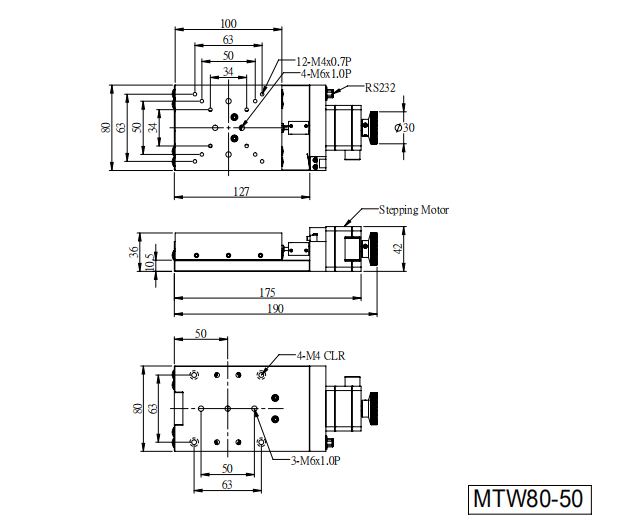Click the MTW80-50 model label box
530,499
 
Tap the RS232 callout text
380,88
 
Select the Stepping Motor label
414,210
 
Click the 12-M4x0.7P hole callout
324,61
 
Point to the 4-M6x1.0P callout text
326,74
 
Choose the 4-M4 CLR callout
321,356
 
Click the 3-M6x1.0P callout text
316,461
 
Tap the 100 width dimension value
228,23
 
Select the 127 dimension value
241,191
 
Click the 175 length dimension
267,292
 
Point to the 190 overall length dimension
275,309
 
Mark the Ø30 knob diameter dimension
405,128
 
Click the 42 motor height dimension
398,248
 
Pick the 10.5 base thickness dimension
149,262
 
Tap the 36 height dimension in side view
133,251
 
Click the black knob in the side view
374,249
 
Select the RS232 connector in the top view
331,92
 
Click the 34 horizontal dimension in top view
228,72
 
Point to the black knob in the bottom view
374,408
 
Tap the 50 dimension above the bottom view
201,334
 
